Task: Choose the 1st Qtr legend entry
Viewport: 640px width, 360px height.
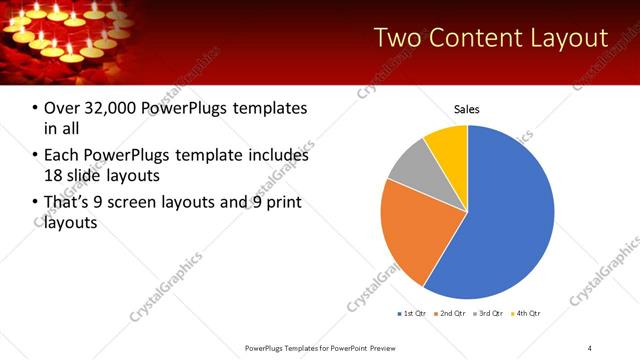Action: pos(413,314)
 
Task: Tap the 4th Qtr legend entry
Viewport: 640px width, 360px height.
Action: pos(527,314)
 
